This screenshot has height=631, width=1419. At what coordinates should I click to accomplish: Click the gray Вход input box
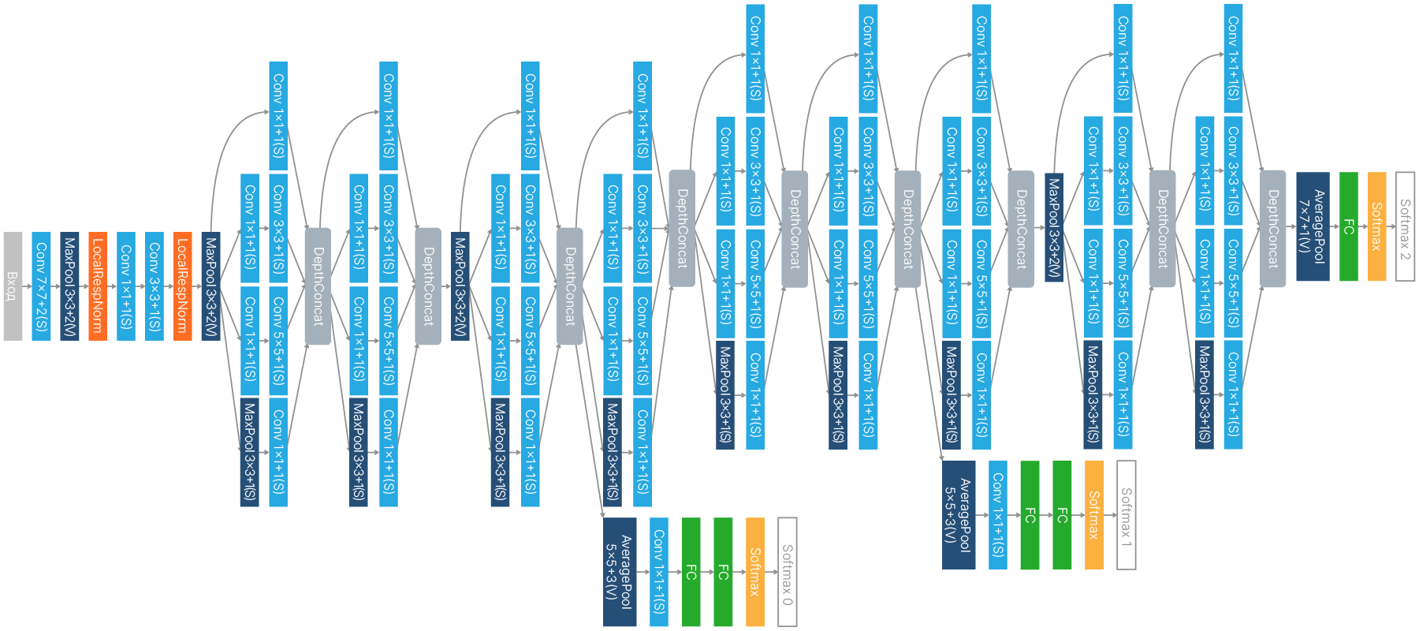click(13, 286)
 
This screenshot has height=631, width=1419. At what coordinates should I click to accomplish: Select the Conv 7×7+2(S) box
click(41, 286)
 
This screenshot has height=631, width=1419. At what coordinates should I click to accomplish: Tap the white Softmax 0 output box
click(787, 572)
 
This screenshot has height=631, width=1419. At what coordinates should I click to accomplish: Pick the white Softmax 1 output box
click(1127, 515)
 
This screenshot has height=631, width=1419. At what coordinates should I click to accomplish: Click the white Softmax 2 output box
click(1405, 226)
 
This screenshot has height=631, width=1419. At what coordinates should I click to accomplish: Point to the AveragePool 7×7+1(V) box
click(1313, 226)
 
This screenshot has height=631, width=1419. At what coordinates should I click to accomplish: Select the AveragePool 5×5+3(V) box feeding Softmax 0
click(620, 572)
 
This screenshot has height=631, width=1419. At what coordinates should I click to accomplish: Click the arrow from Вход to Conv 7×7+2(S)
click(27, 286)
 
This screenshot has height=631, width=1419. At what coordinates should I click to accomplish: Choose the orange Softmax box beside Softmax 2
click(1377, 226)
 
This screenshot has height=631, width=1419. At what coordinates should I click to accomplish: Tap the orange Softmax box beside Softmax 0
click(754, 572)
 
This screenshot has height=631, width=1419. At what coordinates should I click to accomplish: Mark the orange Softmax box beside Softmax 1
click(1094, 515)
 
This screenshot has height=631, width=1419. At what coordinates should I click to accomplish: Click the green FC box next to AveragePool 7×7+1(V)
click(1349, 226)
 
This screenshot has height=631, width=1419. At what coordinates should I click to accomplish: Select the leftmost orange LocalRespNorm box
click(98, 286)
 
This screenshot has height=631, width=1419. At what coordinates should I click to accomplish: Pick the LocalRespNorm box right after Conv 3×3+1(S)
click(183, 286)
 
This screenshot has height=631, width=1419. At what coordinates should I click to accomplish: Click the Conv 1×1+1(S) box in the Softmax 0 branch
click(659, 572)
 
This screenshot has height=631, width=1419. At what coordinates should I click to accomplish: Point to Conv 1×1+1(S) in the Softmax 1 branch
click(998, 515)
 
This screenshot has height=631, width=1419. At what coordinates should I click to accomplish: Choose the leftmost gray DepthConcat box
click(318, 286)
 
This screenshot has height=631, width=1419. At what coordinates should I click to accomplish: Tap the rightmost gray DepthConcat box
click(1272, 229)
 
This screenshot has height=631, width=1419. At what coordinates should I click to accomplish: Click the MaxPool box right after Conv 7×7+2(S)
click(69, 286)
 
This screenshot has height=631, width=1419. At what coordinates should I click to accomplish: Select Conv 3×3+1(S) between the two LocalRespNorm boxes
click(155, 286)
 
